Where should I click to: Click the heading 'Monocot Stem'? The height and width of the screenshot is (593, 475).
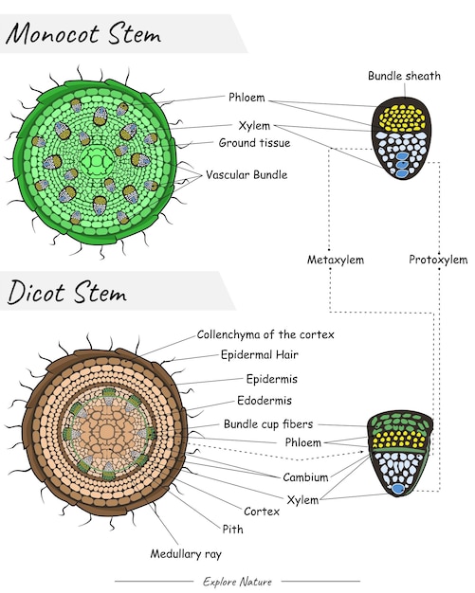tap(83, 35)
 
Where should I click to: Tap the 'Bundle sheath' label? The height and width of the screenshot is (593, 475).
tap(404, 76)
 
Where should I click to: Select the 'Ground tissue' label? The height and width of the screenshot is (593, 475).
tap(254, 143)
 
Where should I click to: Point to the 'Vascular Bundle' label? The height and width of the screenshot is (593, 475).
tap(246, 174)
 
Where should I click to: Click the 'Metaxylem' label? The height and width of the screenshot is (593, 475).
tap(335, 259)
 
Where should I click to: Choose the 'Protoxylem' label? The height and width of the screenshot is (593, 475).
tap(438, 259)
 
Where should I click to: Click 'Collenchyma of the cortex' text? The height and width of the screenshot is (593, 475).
tap(265, 334)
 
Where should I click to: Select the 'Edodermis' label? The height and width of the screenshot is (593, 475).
tap(265, 401)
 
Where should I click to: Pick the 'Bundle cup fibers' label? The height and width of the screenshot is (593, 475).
tap(268, 423)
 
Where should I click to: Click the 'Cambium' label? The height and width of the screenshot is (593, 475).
tap(305, 477)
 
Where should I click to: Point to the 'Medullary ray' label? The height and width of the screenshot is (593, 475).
tap(186, 553)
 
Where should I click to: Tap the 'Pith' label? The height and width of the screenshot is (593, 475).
tap(232, 530)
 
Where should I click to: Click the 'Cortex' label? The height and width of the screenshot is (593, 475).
tap(262, 511)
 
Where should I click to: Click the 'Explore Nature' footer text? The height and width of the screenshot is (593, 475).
tap(237, 581)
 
